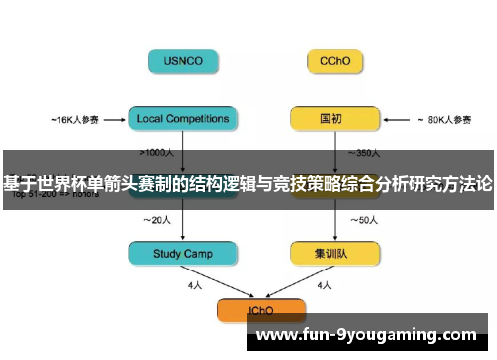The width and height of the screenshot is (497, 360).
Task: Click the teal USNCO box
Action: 184,61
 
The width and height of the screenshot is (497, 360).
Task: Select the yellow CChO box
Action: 334,61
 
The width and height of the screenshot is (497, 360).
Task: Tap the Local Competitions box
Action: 184,119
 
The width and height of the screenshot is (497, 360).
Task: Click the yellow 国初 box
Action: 334,119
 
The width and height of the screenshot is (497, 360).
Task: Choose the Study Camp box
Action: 184,254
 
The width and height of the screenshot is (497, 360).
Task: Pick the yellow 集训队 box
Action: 334,254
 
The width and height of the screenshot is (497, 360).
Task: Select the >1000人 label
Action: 159,153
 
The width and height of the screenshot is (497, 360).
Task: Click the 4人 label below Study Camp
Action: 195,285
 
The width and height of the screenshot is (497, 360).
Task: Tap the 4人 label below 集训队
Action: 325,285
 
